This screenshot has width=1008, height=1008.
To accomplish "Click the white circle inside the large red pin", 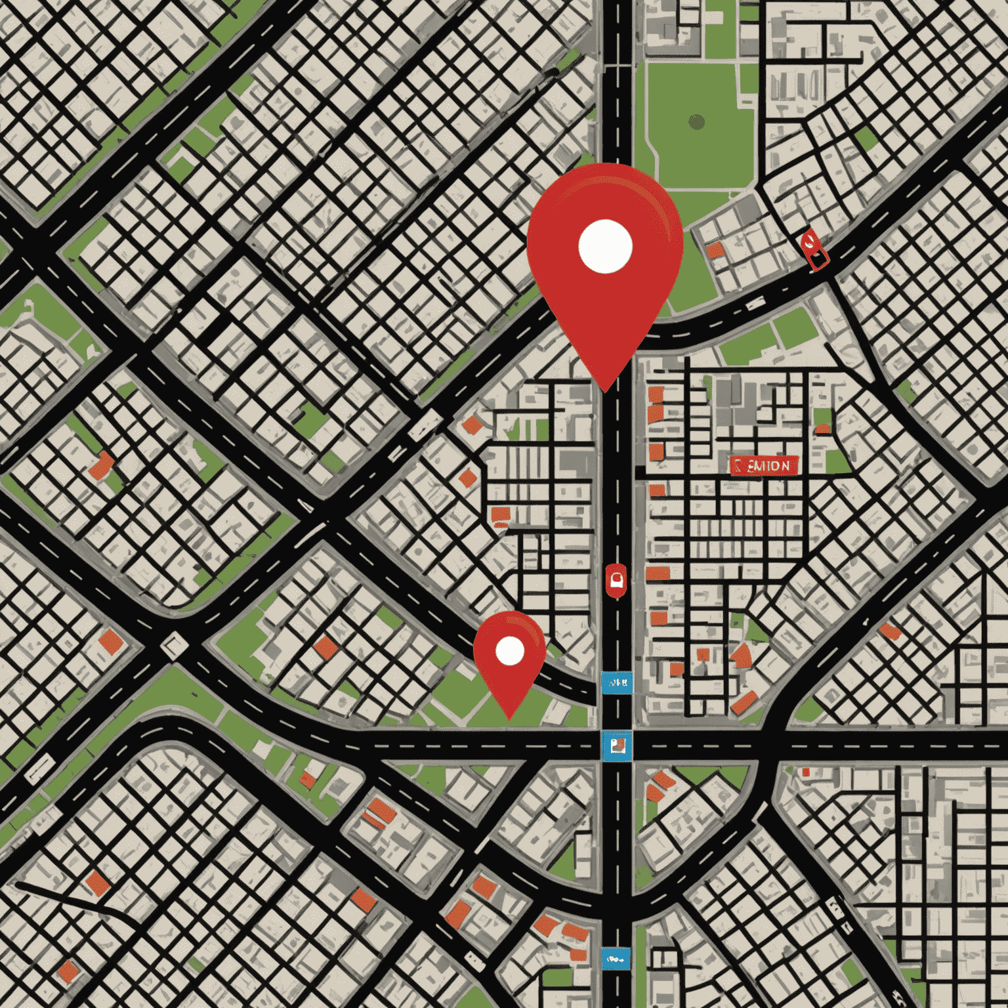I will point(605,246).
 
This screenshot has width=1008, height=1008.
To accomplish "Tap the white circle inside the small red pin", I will point(510,651).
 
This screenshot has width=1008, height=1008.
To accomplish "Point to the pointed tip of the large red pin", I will point(605,391).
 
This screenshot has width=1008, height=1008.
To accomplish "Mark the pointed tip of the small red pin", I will point(510,718).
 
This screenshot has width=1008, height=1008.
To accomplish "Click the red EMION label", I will point(764,465).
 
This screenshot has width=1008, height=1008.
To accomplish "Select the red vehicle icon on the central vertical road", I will point(616,580).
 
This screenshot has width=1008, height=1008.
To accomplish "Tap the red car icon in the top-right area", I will point(814,251).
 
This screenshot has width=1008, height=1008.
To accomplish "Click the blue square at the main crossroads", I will point(617,746).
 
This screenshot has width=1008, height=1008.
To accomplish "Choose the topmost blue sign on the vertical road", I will point(617,683).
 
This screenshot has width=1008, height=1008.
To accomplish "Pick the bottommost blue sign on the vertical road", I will point(616,959).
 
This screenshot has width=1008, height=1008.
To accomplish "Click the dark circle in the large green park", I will point(697,121).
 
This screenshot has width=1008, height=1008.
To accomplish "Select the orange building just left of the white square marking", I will point(111,641).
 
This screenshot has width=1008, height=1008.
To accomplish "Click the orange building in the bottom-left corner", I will point(68,971).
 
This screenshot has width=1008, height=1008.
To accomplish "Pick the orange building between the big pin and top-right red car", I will point(715,249).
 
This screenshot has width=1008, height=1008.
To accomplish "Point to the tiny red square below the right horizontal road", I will point(806,772).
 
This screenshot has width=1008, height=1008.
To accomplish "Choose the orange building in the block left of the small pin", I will point(325,648).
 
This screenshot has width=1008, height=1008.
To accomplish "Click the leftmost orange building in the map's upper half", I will point(101,465).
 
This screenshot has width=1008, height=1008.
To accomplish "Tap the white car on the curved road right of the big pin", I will point(755,304).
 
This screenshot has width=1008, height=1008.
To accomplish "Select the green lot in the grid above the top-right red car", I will point(866,138).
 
